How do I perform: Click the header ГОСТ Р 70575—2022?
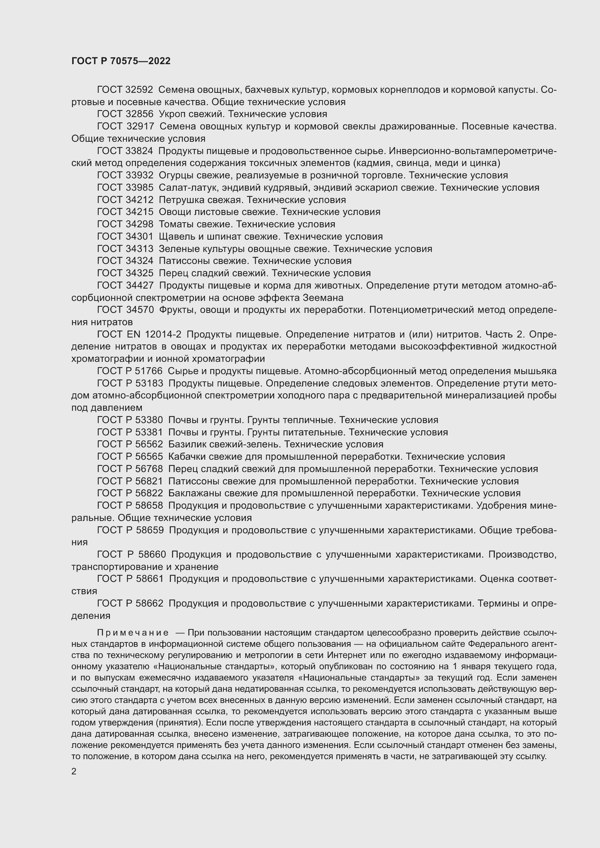[121, 61]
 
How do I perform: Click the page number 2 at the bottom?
[74, 772]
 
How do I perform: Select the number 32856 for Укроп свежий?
[139, 114]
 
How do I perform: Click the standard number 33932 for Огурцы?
[139, 175]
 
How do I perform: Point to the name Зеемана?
[323, 298]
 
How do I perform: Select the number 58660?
[152, 554]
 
